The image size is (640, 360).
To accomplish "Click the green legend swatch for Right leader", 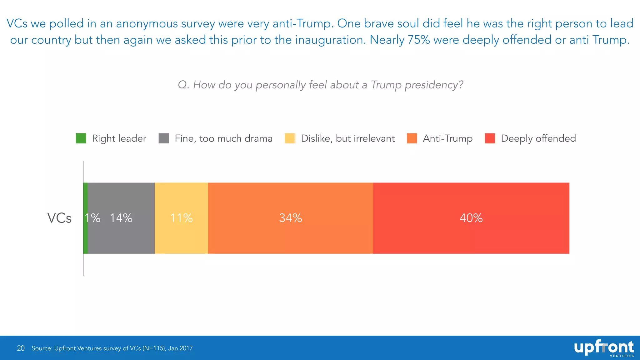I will (x=81, y=138).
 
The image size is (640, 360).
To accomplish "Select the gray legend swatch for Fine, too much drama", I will (x=164, y=138).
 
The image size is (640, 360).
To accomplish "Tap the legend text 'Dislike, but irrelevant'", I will (x=347, y=138).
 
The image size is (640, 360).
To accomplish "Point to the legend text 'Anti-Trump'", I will (x=447, y=138).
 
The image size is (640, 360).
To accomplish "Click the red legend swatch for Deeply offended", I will (x=490, y=138).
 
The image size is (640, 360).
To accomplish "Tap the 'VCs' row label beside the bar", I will (x=59, y=218).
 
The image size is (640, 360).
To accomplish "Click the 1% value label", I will (x=93, y=218).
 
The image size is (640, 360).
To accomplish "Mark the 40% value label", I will (x=471, y=218).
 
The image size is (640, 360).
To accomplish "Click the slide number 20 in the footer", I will (x=21, y=348).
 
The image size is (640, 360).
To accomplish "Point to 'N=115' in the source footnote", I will (x=154, y=348).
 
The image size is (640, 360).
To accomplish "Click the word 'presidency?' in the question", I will (x=434, y=85).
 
